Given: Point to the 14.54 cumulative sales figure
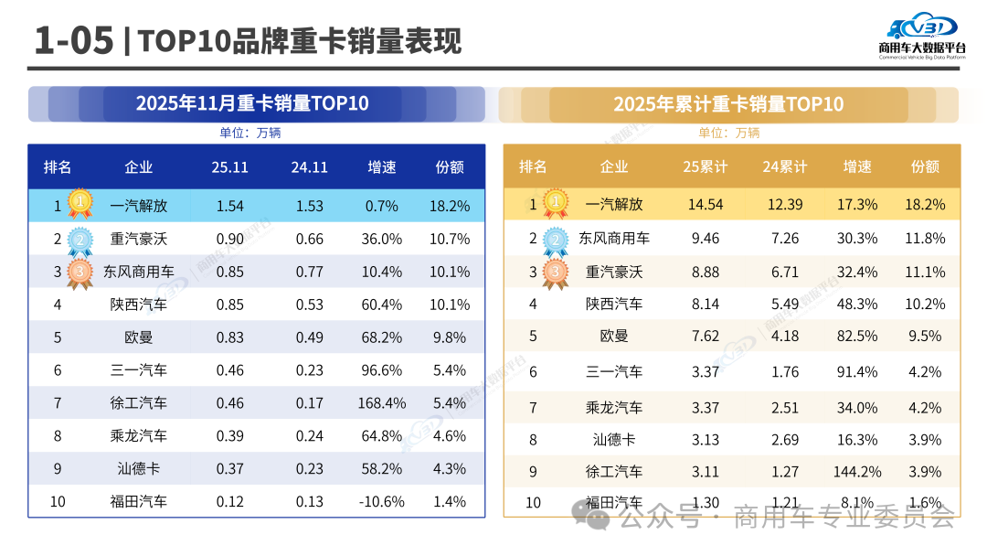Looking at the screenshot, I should (705, 205).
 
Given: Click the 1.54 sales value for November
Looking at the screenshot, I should (230, 207).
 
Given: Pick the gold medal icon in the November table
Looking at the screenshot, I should (80, 203).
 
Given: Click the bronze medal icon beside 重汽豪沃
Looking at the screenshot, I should (554, 273).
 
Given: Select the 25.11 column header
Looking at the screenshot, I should (230, 167).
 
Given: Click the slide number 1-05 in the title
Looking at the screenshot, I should (73, 41).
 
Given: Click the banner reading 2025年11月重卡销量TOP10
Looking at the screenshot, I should (253, 103).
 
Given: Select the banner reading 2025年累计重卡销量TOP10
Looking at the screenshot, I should (728, 104).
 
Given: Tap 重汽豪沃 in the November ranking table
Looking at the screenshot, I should (139, 240).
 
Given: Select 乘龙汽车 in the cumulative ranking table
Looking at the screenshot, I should (614, 407).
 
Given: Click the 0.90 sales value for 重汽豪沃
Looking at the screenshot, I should (230, 240).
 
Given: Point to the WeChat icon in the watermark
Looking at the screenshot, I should (599, 517).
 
